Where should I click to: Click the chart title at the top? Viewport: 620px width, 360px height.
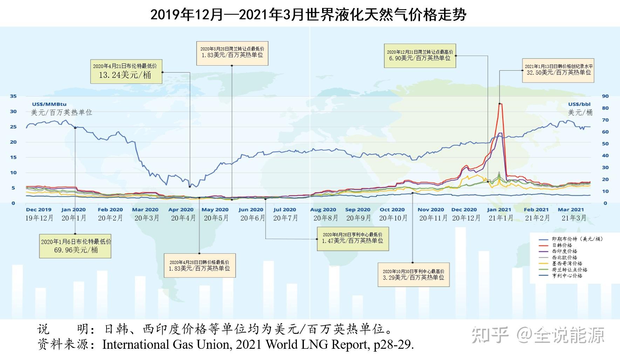click(308, 15)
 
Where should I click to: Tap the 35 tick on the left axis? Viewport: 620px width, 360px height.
click(13, 96)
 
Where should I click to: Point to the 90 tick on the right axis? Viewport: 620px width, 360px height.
click(605, 96)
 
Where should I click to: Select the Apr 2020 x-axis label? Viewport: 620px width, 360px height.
click(181, 210)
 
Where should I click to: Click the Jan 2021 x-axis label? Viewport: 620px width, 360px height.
click(499, 210)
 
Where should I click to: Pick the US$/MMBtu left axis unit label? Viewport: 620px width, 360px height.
click(49, 104)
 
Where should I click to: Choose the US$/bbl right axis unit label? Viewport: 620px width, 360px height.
click(579, 104)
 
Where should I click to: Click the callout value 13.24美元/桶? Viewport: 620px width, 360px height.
click(125, 75)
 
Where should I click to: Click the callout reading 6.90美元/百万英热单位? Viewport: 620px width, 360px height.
click(420, 58)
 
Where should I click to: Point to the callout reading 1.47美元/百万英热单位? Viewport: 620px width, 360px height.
click(353, 241)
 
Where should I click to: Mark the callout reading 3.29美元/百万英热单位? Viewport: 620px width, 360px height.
click(414, 277)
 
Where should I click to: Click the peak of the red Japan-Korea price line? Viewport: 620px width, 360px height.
click(500, 104)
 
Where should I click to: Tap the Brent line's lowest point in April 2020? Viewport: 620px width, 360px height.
click(190, 186)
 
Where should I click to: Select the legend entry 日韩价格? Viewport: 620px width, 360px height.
click(562, 245)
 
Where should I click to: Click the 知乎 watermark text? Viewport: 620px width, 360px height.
click(490, 335)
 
